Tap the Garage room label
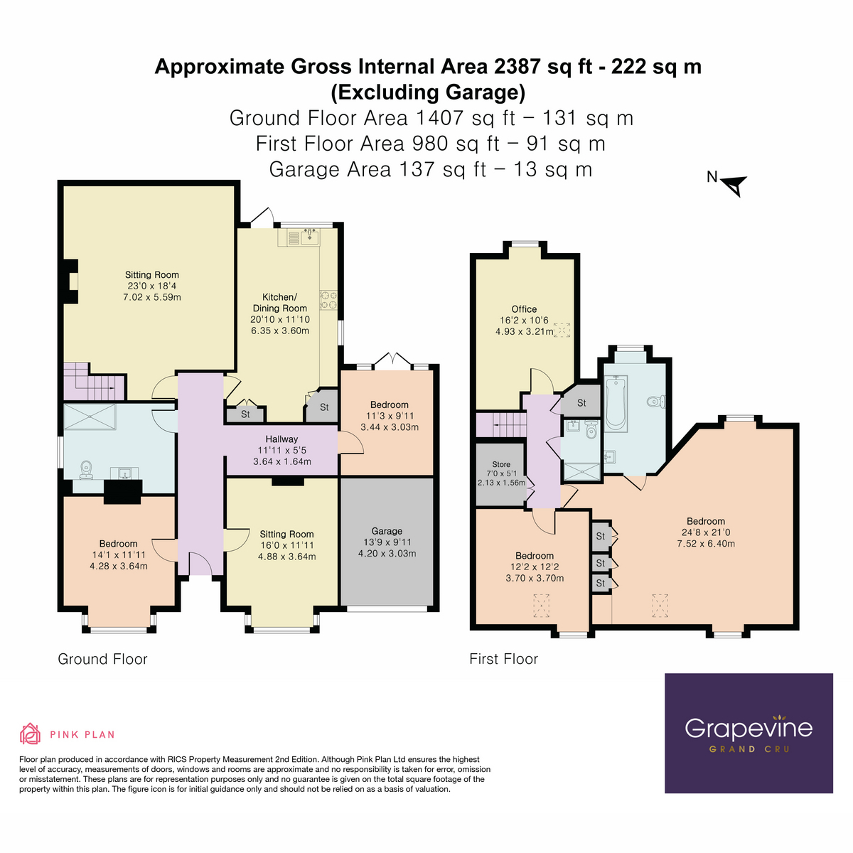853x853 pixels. pyautogui.click(x=387, y=531)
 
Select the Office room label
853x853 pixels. pyautogui.click(x=524, y=309)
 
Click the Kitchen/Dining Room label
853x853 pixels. pyautogui.click(x=280, y=303)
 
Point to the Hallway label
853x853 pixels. pyautogui.click(x=281, y=439)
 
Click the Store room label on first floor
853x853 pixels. pyautogui.click(x=501, y=464)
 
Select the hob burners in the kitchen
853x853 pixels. pyautogui.click(x=328, y=300)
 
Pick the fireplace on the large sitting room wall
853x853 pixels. pyautogui.click(x=70, y=282)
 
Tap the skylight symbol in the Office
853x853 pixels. pyautogui.click(x=562, y=331)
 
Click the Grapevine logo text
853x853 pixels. pyautogui.click(x=748, y=728)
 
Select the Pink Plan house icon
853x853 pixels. pyautogui.click(x=30, y=734)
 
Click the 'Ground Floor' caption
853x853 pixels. pyautogui.click(x=102, y=659)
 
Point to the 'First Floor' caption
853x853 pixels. pyautogui.click(x=503, y=659)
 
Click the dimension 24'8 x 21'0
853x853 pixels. pyautogui.click(x=706, y=532)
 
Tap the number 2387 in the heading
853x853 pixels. pyautogui.click(x=517, y=67)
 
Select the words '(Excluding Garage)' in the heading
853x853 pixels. pyautogui.click(x=428, y=92)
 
